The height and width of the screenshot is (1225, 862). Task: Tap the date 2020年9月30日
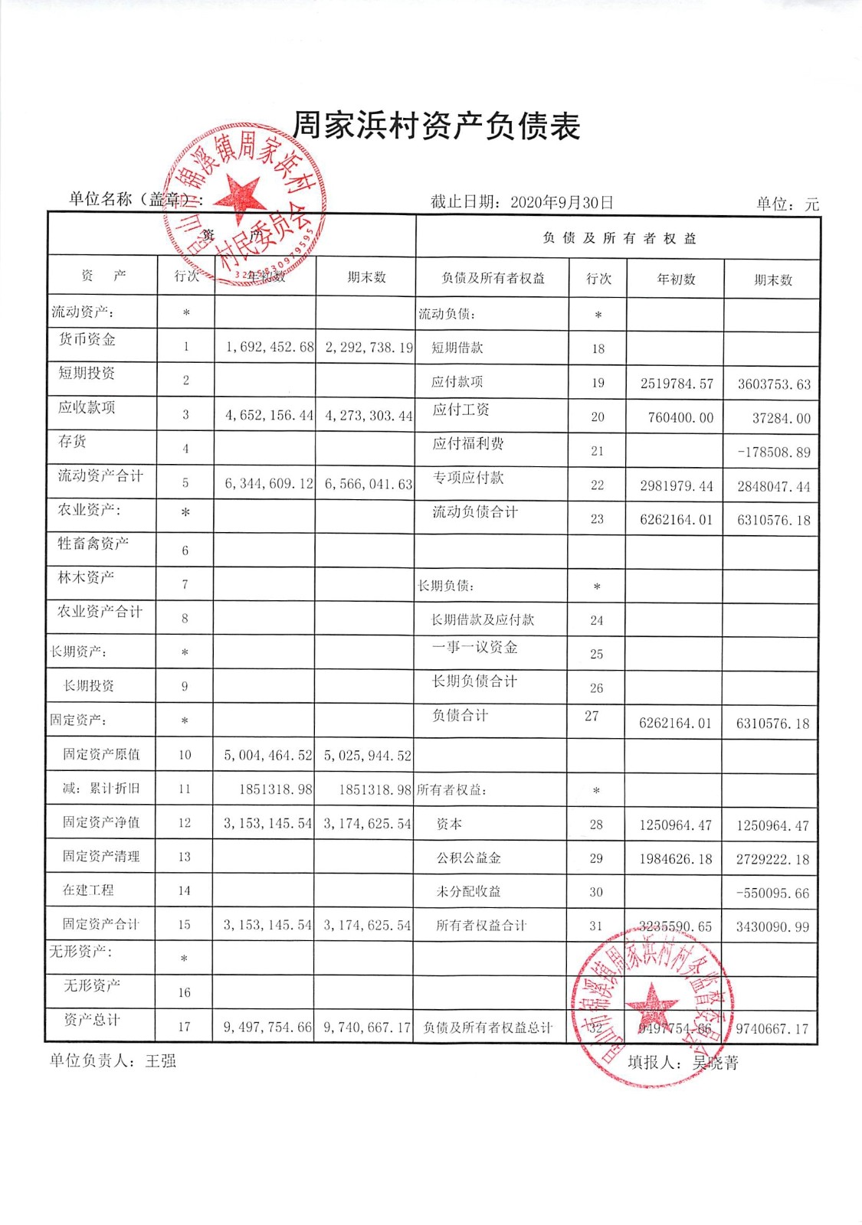point(562,202)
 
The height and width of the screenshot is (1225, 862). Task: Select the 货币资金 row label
point(87,339)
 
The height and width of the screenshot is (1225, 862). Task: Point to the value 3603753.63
point(773,384)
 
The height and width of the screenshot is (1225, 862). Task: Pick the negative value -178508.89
point(773,452)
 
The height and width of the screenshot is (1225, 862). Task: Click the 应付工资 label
point(460,410)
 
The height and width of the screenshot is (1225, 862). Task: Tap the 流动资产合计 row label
point(100,475)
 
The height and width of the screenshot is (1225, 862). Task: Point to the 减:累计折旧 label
point(101,788)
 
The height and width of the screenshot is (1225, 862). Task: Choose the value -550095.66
point(772,893)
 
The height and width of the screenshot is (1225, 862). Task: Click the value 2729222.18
point(772,859)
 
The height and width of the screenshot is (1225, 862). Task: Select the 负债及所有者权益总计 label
point(487,1027)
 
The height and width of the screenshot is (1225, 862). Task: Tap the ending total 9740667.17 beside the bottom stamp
point(772,1029)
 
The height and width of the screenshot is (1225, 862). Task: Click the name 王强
point(161,1061)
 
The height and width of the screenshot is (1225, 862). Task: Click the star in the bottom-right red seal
point(652,1004)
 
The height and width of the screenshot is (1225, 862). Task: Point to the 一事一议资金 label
point(474,647)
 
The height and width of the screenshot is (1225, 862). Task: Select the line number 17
point(184,1027)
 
